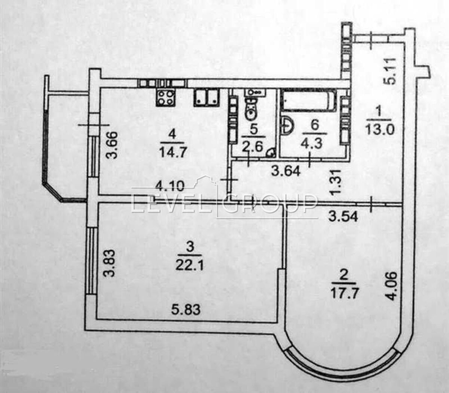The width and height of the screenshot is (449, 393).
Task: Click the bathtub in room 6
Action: (310, 100)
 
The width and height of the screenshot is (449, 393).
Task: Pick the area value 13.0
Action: (380, 130)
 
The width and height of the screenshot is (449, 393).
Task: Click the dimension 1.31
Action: (335, 181)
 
